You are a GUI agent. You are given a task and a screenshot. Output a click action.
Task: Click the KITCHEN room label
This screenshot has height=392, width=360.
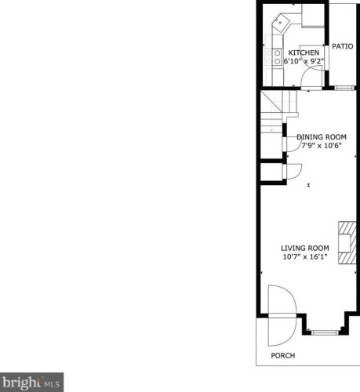[304, 53]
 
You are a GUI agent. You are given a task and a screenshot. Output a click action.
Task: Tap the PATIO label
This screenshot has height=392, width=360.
[343, 46]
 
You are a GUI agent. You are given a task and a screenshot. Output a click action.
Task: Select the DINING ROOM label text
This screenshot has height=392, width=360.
[322, 137]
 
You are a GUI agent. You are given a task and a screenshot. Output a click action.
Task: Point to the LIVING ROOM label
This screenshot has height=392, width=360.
[305, 248]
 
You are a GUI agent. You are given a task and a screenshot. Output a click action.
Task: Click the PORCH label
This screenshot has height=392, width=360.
[283, 355]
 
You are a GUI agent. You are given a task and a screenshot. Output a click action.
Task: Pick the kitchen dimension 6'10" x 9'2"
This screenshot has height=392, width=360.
[304, 61]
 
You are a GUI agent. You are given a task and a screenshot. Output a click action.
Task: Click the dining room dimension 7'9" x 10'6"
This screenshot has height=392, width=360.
[322, 146]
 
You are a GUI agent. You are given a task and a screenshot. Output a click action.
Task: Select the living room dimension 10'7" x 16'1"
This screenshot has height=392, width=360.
[305, 256]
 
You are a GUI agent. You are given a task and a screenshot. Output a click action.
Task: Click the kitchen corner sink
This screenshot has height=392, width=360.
[281, 22]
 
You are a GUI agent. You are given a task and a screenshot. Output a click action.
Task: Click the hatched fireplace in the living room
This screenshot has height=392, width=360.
[347, 243]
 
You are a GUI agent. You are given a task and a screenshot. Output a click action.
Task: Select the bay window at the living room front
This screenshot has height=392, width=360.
[325, 332]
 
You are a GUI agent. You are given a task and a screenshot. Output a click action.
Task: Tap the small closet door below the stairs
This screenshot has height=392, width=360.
[292, 171]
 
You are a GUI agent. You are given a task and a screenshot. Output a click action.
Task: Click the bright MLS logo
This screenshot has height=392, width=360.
[31, 382]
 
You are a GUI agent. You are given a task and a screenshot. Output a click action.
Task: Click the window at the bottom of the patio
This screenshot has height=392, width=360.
[344, 88]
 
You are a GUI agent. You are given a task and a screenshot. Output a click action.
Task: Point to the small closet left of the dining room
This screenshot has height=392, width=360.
[271, 172]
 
